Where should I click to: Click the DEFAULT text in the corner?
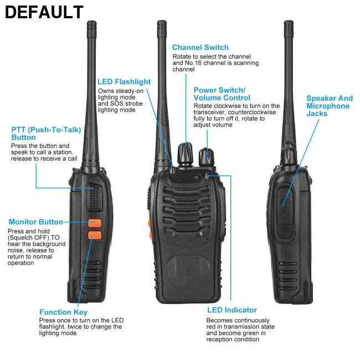44,12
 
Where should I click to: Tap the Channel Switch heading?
200,48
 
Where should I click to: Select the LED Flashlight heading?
124,82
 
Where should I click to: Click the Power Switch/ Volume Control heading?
219,94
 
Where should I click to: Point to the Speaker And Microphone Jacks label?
329,106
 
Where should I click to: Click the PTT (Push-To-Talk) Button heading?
46,133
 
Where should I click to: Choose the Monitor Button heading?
35,222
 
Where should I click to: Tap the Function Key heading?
63,312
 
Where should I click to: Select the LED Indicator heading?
232,310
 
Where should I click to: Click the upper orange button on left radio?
95,224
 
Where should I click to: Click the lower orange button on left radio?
95,235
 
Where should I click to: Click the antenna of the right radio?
289,83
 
